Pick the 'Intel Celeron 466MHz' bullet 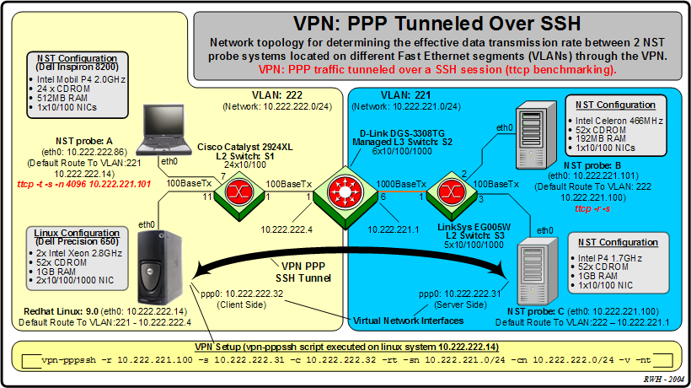pos(623,121)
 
